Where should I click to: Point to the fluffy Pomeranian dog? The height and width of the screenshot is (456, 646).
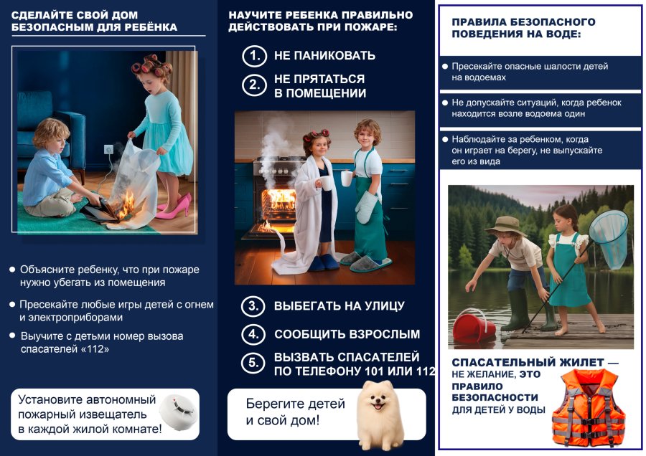point(380,414)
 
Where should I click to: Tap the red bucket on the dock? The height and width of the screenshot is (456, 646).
point(473,326)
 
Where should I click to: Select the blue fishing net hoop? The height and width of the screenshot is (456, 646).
point(608,230)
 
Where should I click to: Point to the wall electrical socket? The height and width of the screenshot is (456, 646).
point(108,149)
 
